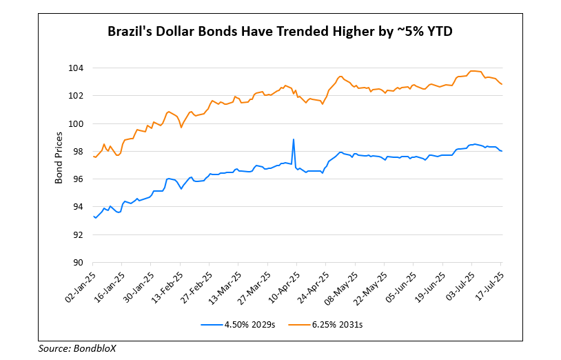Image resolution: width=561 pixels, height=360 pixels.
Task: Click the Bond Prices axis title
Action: tap(59, 164)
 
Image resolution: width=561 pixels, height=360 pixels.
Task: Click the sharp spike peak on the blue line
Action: tap(294, 139)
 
